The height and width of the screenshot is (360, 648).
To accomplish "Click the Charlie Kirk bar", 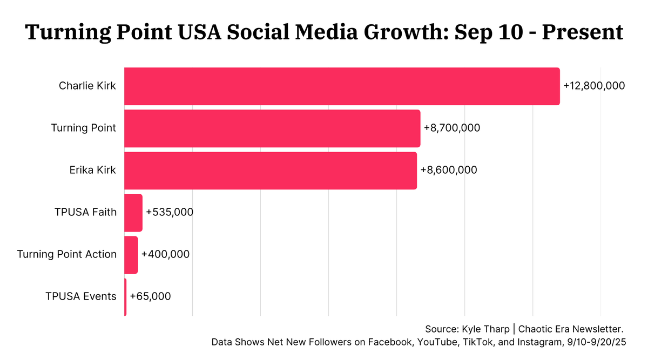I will (342, 86).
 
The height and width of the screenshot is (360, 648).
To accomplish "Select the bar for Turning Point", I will (272, 128).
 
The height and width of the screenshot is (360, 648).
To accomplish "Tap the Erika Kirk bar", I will (271, 170).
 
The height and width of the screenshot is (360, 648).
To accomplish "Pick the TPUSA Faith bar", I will (133, 212).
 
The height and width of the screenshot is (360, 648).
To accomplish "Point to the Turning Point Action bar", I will (131, 254).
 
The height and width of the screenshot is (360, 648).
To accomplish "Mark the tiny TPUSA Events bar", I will (125, 296).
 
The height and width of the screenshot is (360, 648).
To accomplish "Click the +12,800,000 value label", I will (594, 86).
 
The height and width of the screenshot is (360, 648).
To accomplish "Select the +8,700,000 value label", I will (452, 128).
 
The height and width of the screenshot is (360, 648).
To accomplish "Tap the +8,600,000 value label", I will (449, 170).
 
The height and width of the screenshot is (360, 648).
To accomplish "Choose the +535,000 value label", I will (170, 212).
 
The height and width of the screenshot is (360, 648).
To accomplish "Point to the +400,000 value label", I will (165, 254).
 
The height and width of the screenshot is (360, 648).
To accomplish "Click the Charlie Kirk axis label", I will (87, 86).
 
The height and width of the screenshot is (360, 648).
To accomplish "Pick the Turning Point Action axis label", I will (67, 254).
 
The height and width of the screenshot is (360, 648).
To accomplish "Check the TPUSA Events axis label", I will (81, 296).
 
